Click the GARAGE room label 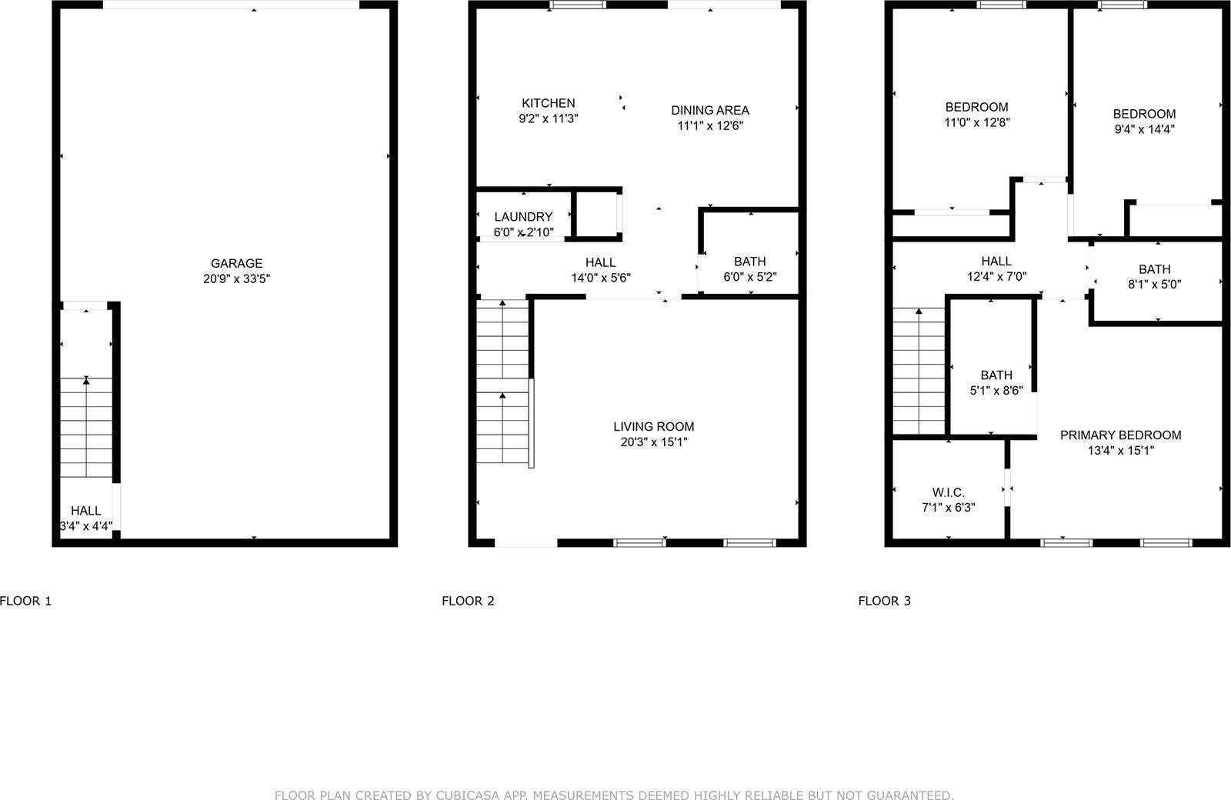coord(236,263)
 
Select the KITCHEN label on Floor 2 coord(548,103)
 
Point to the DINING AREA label coord(709,110)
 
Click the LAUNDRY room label coord(523,217)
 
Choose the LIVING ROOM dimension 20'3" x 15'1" coord(654,442)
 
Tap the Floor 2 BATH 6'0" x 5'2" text coord(749,277)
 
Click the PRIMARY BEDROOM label coord(1120,435)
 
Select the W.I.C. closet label coord(948,492)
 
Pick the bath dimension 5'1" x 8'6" coord(996,390)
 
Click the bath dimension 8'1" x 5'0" coord(1154,284)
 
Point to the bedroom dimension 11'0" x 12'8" coord(976,122)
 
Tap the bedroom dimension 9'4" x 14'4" coord(1144,129)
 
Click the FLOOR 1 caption coord(25,601)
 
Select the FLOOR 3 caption coord(884,601)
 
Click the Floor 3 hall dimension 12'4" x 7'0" coord(996,276)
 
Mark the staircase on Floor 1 coord(87,427)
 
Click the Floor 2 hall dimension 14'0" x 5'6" coord(600,278)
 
